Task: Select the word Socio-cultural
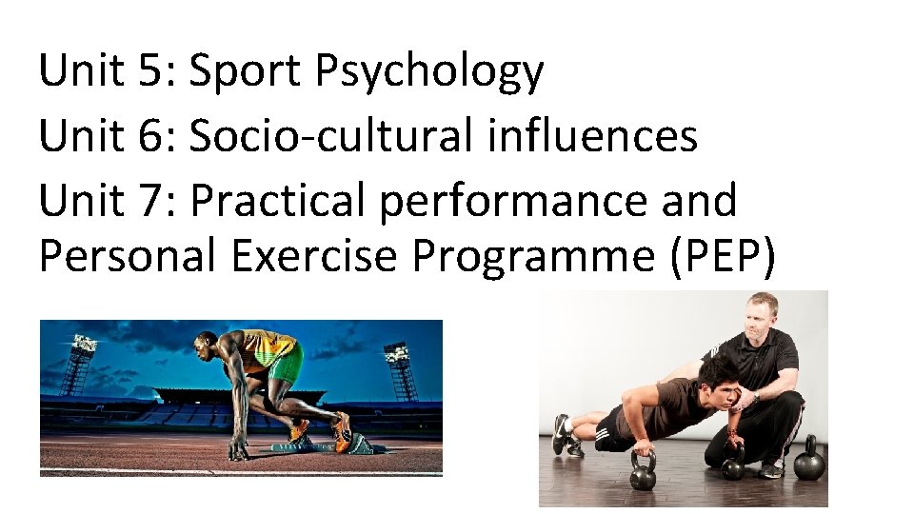[329, 136]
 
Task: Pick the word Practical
[278, 201]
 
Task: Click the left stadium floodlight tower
[80, 362]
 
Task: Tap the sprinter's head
[207, 346]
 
